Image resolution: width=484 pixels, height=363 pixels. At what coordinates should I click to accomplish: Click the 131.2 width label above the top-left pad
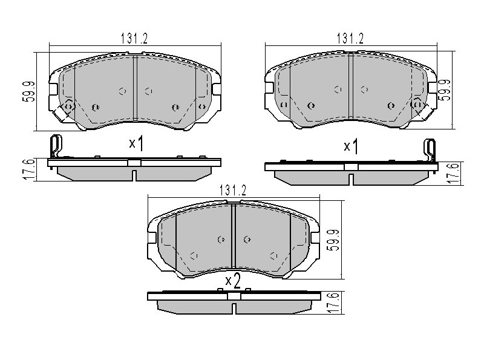(x=134, y=39)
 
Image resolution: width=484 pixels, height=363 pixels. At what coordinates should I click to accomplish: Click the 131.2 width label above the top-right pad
(x=350, y=39)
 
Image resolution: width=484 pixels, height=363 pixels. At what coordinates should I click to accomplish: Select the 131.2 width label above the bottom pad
(x=233, y=191)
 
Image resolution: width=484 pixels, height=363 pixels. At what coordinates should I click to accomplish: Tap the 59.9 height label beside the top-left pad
(x=29, y=92)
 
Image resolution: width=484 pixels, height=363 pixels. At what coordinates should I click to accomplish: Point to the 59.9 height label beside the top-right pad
(x=445, y=90)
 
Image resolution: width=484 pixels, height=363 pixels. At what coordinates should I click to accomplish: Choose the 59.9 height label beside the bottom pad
(x=334, y=240)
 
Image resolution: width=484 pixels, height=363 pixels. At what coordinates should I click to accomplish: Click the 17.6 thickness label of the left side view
(x=28, y=169)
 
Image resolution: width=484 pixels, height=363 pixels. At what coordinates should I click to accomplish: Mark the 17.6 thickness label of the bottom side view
(x=334, y=304)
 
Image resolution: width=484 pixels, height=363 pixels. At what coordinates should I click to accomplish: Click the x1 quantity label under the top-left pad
(x=136, y=143)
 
